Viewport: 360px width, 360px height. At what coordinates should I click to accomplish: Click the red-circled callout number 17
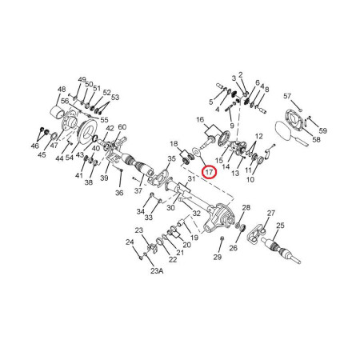click(x=210, y=172)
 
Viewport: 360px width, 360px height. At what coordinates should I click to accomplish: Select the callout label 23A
click(x=157, y=271)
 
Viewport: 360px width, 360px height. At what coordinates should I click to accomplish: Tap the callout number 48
click(x=62, y=90)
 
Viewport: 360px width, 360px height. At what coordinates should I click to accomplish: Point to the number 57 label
click(x=287, y=96)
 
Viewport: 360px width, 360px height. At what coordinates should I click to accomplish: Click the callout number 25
click(x=280, y=226)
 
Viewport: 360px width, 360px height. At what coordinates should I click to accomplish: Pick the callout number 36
click(x=119, y=193)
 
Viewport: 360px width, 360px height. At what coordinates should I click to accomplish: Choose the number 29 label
click(x=218, y=257)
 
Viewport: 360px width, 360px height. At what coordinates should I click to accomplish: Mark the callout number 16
click(x=200, y=119)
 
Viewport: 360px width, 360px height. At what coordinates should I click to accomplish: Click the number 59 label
click(x=322, y=130)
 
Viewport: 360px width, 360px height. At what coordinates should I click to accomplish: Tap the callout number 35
click(x=172, y=158)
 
